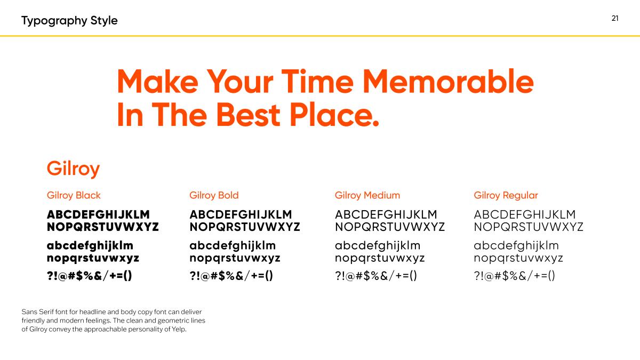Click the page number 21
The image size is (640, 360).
pyautogui.click(x=615, y=18)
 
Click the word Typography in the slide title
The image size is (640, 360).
pyautogui.click(x=54, y=21)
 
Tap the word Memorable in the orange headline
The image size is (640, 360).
pyautogui.click(x=448, y=82)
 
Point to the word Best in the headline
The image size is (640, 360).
pyautogui.click(x=249, y=115)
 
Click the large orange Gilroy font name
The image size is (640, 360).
pyautogui.click(x=73, y=169)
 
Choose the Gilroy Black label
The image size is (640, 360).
pyautogui.click(x=74, y=195)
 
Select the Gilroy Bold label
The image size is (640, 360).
pyautogui.click(x=214, y=195)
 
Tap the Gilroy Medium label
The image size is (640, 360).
pyautogui.click(x=367, y=195)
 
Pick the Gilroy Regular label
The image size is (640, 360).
pyautogui.click(x=506, y=195)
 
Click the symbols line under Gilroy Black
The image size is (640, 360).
pyautogui.click(x=90, y=276)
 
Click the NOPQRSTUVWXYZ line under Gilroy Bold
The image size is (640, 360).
pyautogui.click(x=245, y=227)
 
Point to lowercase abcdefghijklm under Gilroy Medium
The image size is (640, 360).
pyautogui.click(x=378, y=245)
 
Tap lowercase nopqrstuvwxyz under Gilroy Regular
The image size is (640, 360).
pyautogui.click(x=518, y=258)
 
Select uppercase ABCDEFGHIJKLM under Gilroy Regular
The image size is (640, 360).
pyautogui.click(x=525, y=214)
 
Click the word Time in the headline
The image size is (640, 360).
pyautogui.click(x=317, y=82)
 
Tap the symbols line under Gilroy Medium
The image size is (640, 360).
pyautogui.click(x=375, y=276)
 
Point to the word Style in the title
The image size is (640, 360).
pyautogui.click(x=104, y=21)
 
